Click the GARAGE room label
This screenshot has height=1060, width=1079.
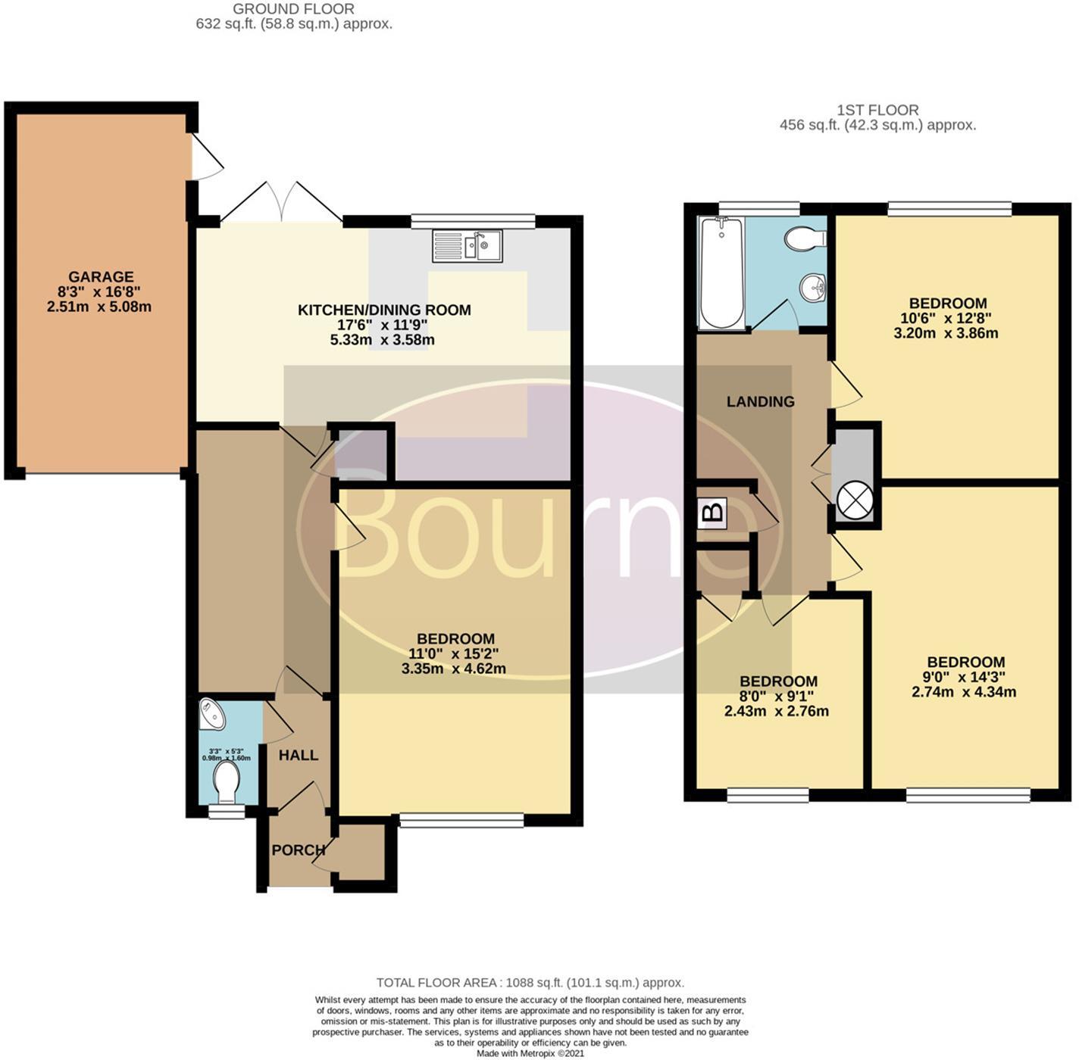click(x=101, y=277)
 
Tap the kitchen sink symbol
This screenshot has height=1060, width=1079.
click(x=467, y=246)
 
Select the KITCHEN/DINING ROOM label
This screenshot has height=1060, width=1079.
click(x=384, y=310)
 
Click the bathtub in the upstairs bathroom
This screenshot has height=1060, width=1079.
click(x=721, y=273)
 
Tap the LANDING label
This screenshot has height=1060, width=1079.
click(x=760, y=401)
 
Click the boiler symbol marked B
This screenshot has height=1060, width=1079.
click(x=712, y=513)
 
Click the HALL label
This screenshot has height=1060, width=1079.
click(x=298, y=755)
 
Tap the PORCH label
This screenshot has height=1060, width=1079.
click(x=299, y=850)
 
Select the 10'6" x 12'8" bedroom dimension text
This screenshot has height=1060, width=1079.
click(x=949, y=318)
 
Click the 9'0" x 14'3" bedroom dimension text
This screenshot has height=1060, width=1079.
click(x=965, y=677)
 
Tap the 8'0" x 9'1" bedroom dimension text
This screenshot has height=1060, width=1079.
click(x=777, y=697)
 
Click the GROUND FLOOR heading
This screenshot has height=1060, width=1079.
click(x=293, y=9)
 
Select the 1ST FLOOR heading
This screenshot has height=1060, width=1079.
click(x=877, y=111)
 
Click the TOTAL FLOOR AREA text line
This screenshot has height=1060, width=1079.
click(x=530, y=983)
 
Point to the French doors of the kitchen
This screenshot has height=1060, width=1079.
click(x=281, y=202)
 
